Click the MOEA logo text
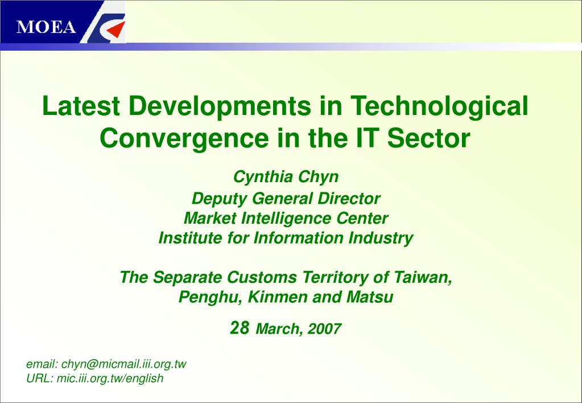click(x=46, y=27)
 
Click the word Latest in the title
click(x=81, y=106)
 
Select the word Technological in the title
click(x=439, y=107)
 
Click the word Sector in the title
click(x=429, y=138)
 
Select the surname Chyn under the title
click(x=319, y=177)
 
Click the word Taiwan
click(x=423, y=277)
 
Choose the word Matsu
click(x=370, y=297)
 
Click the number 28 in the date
click(x=240, y=328)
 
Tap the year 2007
click(x=324, y=329)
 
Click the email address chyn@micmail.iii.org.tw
click(x=123, y=364)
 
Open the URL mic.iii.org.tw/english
click(x=110, y=379)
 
